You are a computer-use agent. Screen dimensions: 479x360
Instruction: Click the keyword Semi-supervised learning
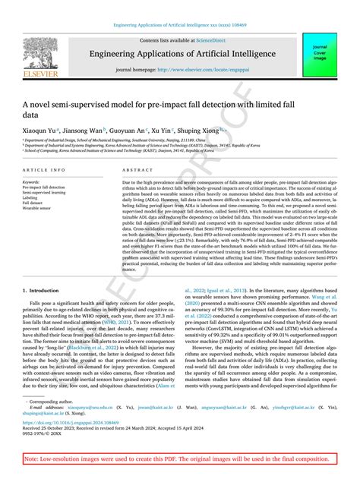click(x=46, y=192)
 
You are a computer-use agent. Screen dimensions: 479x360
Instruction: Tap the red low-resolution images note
click(x=179, y=460)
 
